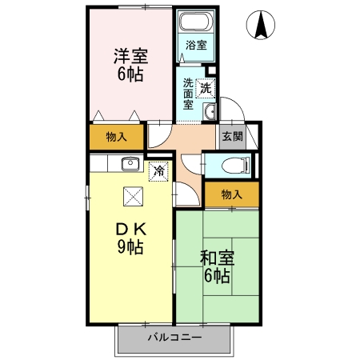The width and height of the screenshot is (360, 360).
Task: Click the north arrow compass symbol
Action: (261, 26)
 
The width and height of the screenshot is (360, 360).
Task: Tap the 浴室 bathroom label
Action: (196, 45)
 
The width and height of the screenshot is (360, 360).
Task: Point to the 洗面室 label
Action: (188, 93)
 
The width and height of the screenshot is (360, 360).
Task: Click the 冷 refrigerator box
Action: (159, 170)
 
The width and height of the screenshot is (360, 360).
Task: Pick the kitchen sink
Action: (130, 164)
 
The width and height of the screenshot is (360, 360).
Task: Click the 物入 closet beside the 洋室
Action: (117, 137)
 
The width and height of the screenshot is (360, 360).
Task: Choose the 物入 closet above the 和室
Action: (231, 194)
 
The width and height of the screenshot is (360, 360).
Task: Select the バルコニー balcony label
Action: (174, 337)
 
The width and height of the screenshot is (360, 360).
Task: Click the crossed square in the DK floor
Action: (133, 196)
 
